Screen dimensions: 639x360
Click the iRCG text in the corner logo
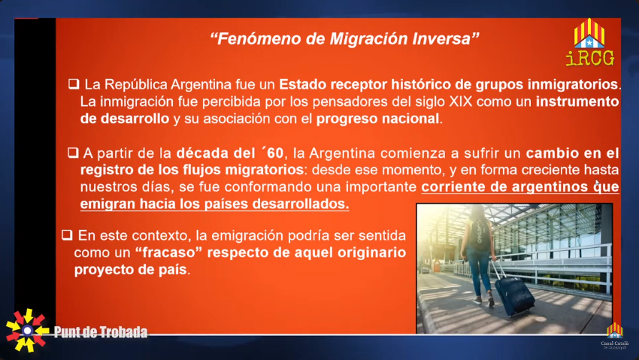(x=589, y=58)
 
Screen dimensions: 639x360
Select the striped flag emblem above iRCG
(x=589, y=32)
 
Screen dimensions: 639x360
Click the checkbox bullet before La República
(x=74, y=84)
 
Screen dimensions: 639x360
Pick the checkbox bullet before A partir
(x=73, y=153)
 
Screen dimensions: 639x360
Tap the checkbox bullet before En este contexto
(x=67, y=235)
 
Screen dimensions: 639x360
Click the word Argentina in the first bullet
(x=201, y=85)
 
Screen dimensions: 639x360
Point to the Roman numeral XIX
(x=461, y=101)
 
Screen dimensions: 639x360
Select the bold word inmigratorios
(x=573, y=84)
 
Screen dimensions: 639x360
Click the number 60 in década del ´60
(x=275, y=153)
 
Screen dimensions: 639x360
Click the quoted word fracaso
(x=168, y=253)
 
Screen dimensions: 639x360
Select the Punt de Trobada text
(x=101, y=332)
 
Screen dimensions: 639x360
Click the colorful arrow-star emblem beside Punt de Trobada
(x=27, y=330)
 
